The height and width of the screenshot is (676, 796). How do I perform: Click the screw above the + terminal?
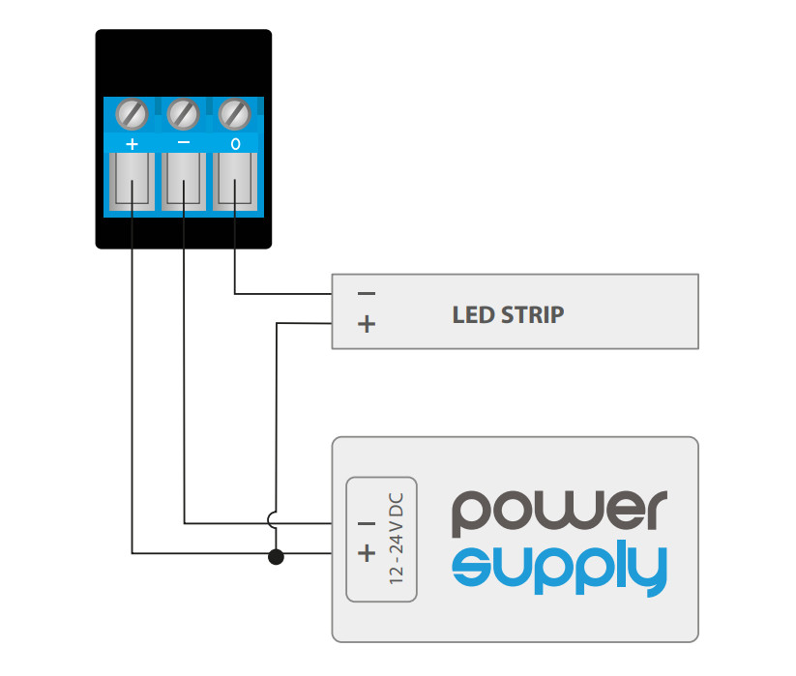(x=132, y=114)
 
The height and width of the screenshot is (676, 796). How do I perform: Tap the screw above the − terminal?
(x=183, y=114)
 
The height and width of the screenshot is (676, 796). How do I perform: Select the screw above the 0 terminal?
(x=234, y=114)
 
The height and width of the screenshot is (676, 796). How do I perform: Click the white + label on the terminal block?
(x=132, y=144)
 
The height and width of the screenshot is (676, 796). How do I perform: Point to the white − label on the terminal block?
(x=183, y=143)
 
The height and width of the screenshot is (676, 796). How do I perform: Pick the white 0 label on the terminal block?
(x=235, y=144)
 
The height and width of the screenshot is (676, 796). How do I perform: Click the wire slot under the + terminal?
(x=132, y=182)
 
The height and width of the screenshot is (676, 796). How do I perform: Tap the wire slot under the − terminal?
(x=184, y=182)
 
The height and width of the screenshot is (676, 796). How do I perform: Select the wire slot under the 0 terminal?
(x=235, y=182)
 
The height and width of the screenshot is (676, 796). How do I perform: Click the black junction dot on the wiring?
(x=276, y=557)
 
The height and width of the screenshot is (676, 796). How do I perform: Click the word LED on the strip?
(x=473, y=315)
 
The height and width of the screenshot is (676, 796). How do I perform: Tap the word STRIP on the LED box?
(x=533, y=315)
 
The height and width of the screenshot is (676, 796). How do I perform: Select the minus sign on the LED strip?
(x=367, y=293)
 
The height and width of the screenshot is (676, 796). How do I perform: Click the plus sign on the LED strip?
(x=367, y=323)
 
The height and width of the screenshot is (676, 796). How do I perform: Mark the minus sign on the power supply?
(x=367, y=524)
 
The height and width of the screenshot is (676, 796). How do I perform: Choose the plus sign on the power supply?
(x=367, y=552)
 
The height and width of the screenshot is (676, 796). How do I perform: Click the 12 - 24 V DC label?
(x=396, y=539)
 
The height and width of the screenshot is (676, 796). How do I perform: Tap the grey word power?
(x=559, y=513)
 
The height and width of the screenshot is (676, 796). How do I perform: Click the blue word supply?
(x=559, y=570)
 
